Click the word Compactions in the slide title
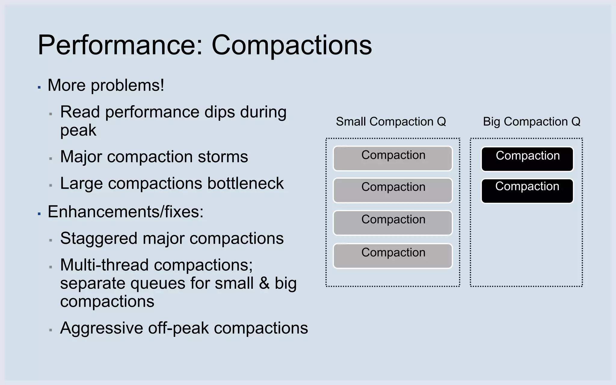click(291, 45)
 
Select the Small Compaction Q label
click(391, 122)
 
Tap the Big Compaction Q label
click(531, 122)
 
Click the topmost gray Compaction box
click(393, 159)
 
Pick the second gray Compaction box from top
click(393, 190)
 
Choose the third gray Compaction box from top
click(393, 223)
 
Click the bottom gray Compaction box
click(393, 256)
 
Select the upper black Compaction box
click(527, 159)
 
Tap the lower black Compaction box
click(527, 191)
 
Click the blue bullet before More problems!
click(39, 88)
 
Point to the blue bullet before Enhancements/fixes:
click(39, 214)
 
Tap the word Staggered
click(99, 239)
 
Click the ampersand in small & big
click(264, 283)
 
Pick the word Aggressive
click(101, 328)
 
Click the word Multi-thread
click(104, 265)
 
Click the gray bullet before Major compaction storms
click(51, 159)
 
